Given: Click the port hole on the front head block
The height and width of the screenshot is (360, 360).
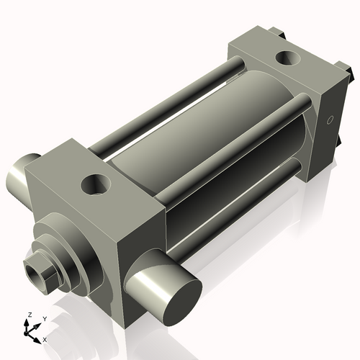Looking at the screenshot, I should [95, 184].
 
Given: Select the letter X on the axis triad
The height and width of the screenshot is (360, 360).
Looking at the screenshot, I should [45, 338].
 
